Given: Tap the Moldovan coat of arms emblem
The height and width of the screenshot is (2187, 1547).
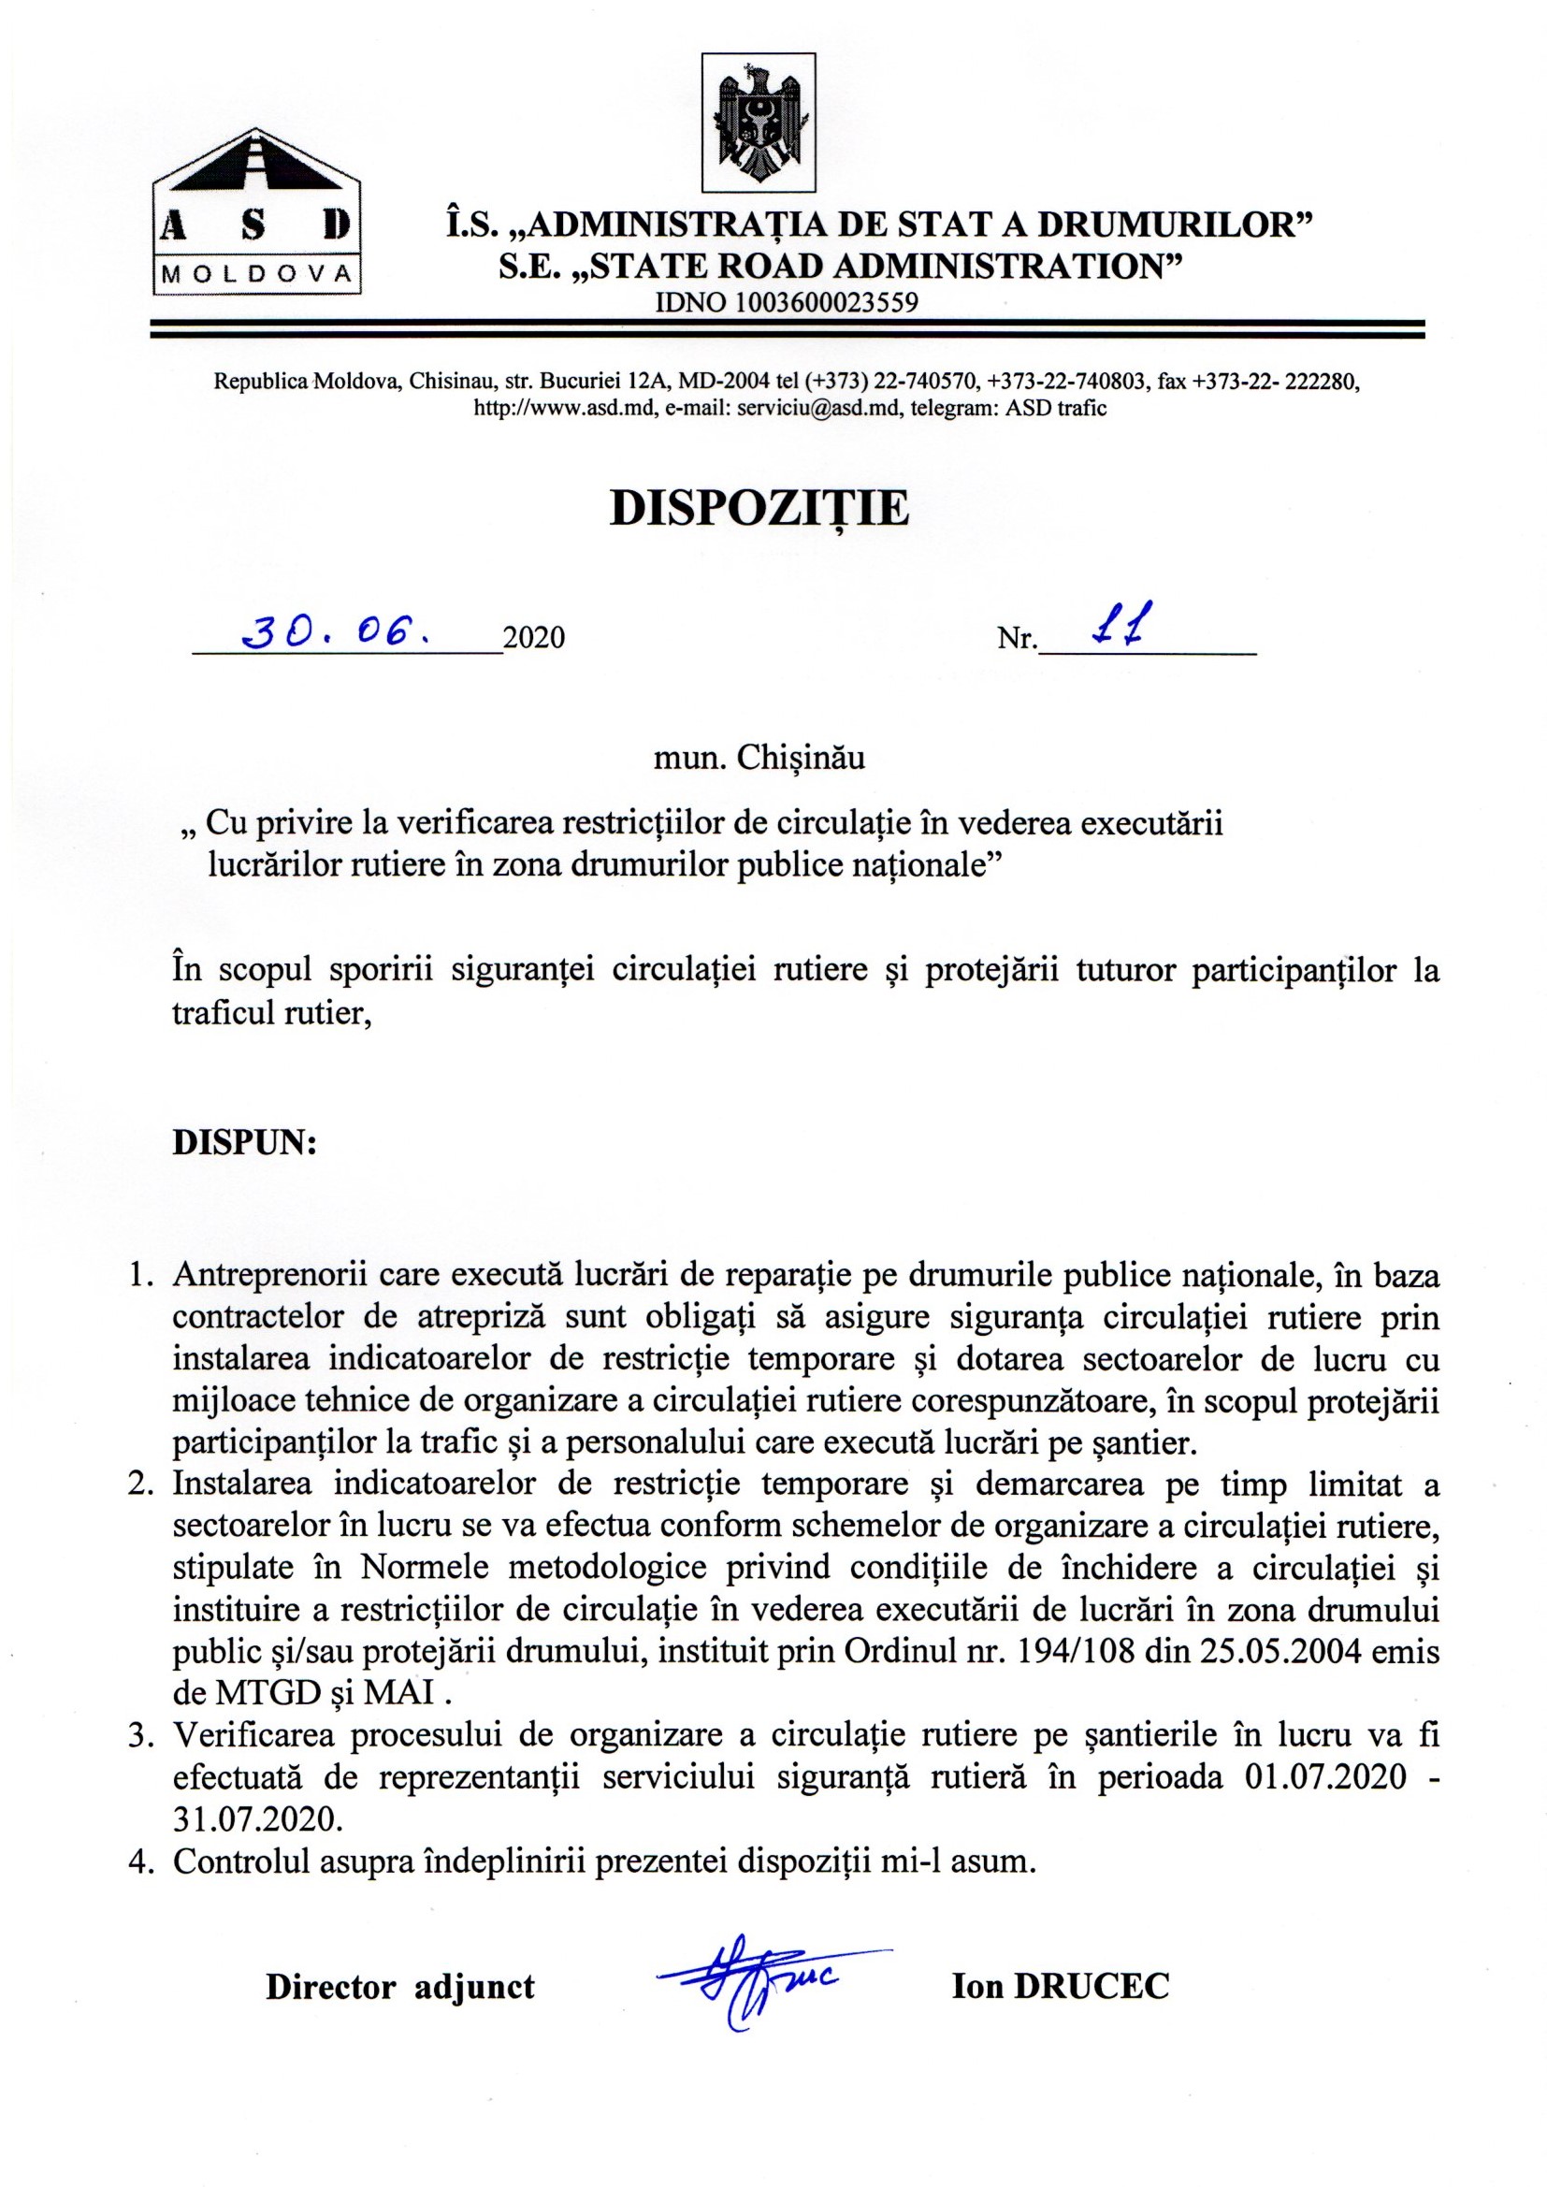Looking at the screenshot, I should (x=759, y=122).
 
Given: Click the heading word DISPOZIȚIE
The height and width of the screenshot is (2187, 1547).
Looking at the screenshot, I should (x=759, y=511).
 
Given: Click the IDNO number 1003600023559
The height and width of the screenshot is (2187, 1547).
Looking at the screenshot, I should (x=787, y=304).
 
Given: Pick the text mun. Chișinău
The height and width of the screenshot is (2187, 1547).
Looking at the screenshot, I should (x=759, y=760).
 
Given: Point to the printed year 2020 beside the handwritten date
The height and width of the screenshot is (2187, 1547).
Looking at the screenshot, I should (x=534, y=637).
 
